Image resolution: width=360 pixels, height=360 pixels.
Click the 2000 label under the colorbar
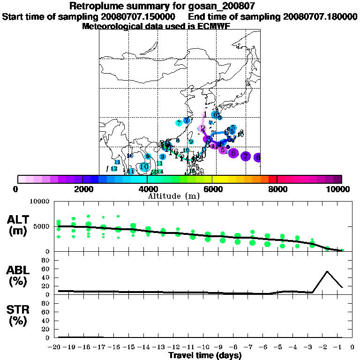(82, 189)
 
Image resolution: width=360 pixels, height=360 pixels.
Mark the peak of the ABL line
(327, 271)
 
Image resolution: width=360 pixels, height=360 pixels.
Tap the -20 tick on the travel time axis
(56, 347)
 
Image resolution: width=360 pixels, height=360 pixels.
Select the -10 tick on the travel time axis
(206, 347)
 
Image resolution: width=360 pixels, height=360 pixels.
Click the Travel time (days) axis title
(205, 355)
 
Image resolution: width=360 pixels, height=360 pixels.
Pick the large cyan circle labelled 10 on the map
(144, 166)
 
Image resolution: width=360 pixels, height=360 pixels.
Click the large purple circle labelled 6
(233, 153)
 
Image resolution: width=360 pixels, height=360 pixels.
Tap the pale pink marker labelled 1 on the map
(204, 115)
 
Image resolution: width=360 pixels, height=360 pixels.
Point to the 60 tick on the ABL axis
(47, 269)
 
